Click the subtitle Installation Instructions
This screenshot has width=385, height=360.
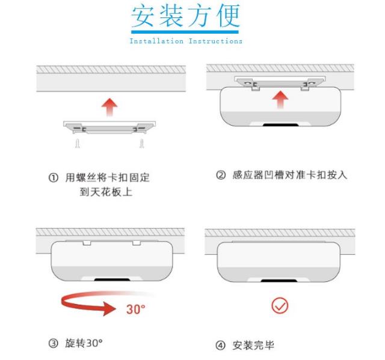[x=185, y=41]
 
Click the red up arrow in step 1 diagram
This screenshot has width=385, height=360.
[x=109, y=108]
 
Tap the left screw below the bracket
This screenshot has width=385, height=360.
[x=77, y=144]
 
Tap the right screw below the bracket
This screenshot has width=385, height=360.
[x=142, y=144]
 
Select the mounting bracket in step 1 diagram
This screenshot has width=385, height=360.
[x=109, y=127]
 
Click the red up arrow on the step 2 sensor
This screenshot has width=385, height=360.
[x=278, y=100]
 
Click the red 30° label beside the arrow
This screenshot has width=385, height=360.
[x=136, y=310]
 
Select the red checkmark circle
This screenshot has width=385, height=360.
[x=280, y=305]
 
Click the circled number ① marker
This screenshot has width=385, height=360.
[x=53, y=178]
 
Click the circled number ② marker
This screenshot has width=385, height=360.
[x=220, y=175]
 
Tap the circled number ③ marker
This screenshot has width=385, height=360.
[x=53, y=343]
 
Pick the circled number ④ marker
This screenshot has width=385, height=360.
[x=220, y=346]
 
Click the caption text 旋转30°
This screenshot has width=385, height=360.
[x=84, y=343]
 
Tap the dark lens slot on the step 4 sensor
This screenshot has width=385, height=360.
[x=278, y=281]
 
